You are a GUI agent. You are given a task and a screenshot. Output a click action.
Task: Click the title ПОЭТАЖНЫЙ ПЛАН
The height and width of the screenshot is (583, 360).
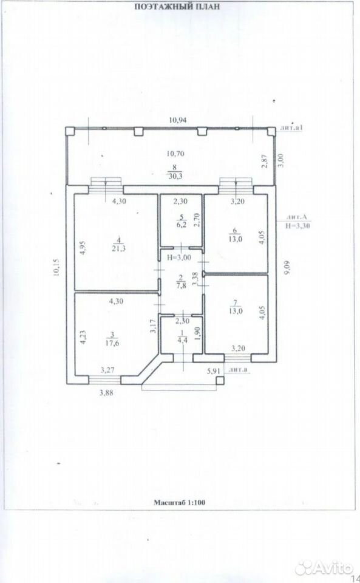(x=177, y=7)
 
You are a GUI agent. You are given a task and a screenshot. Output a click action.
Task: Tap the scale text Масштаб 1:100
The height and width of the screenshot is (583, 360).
(x=180, y=503)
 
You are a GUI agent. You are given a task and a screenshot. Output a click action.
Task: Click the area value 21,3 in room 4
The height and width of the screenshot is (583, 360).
(x=118, y=248)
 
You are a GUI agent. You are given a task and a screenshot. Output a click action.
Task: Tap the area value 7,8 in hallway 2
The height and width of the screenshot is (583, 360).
(x=180, y=285)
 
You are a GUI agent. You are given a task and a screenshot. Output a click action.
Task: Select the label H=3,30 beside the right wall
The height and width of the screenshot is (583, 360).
(x=298, y=225)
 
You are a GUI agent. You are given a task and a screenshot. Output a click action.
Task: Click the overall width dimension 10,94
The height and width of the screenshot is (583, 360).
(x=178, y=120)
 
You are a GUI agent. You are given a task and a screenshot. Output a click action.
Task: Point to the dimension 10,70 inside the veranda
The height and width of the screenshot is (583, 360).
(x=176, y=153)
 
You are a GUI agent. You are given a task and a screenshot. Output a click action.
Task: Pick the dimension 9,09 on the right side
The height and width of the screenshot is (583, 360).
(x=287, y=268)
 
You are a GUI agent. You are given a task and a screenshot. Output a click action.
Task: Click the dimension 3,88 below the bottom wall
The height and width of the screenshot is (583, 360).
(x=106, y=392)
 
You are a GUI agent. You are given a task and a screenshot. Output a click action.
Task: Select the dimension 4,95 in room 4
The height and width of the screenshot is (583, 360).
(x=83, y=248)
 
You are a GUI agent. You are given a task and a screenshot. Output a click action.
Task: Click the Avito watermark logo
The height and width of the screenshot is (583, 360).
(x=323, y=568)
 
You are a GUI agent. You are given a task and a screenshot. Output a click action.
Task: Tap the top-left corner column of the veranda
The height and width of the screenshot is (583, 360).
(x=70, y=131)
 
